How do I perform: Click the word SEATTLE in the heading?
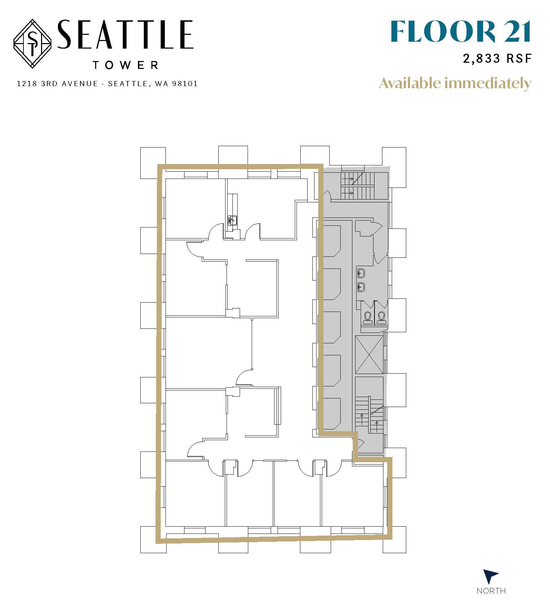click(125, 35)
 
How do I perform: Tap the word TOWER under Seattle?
click(126, 65)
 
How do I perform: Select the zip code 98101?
click(185, 84)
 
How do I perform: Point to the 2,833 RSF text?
click(497, 59)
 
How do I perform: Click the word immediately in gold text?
click(488, 84)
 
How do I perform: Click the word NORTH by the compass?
click(491, 591)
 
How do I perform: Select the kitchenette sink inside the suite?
click(232, 220)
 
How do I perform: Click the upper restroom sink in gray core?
click(361, 274)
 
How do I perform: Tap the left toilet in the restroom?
click(368, 317)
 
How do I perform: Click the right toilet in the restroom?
click(381, 317)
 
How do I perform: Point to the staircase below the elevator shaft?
click(369, 415)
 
